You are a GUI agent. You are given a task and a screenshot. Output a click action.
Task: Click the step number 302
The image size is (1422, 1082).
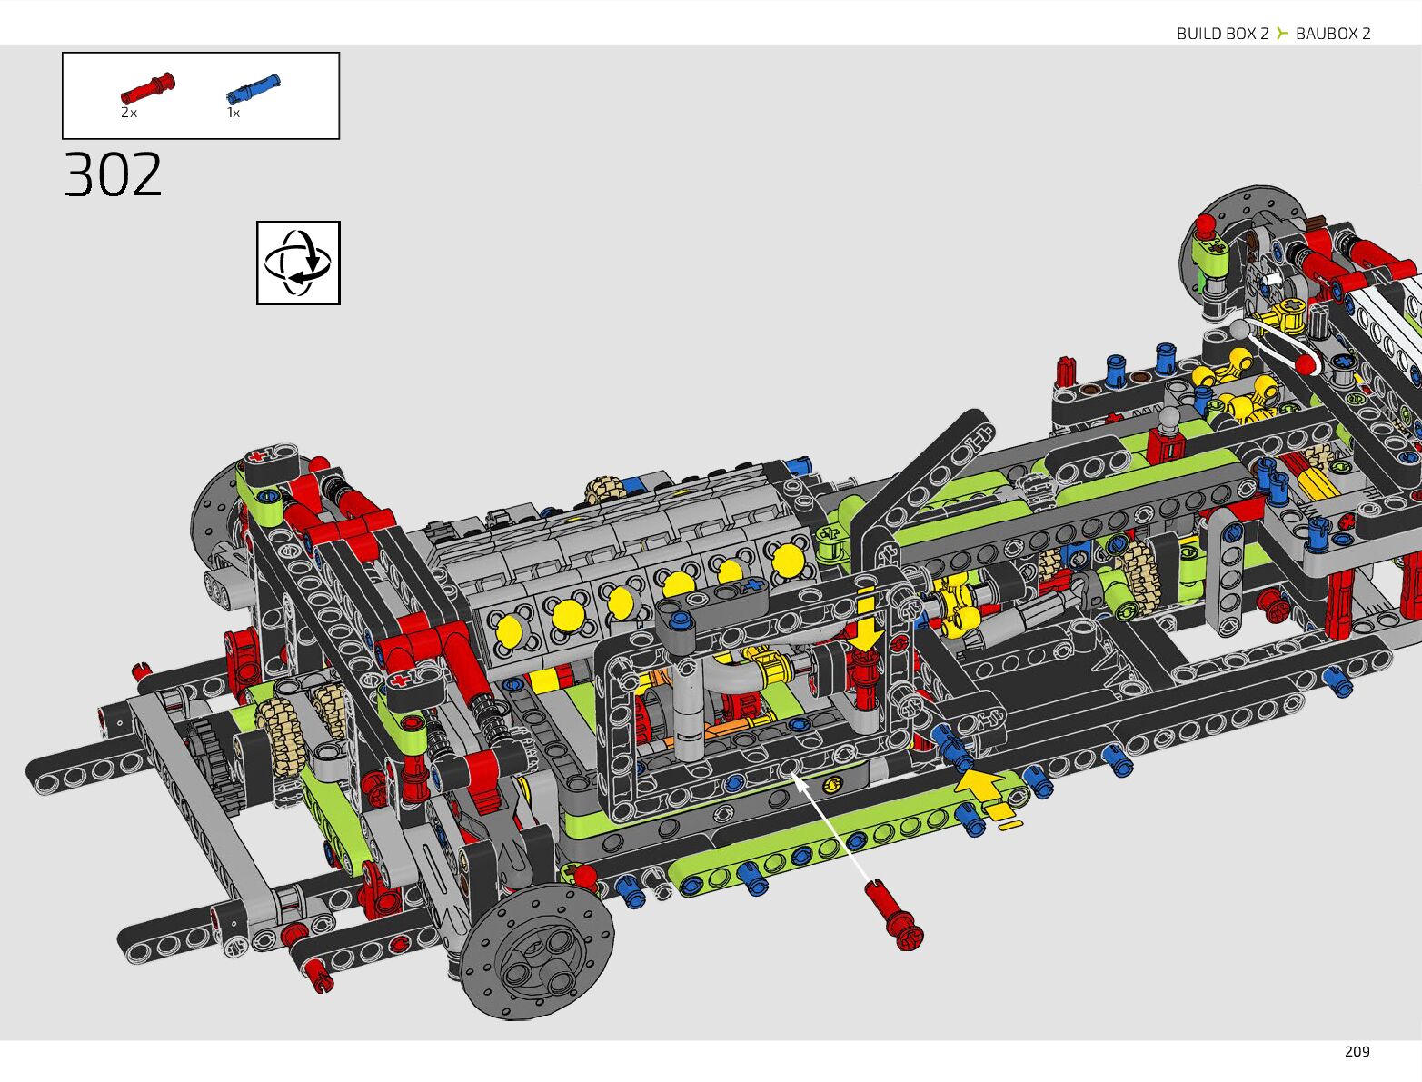pyautogui.click(x=113, y=174)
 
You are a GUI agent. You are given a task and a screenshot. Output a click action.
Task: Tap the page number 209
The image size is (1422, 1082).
pyautogui.click(x=1357, y=1052)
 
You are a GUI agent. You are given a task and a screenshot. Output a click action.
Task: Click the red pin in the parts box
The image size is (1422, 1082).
pyautogui.click(x=148, y=88)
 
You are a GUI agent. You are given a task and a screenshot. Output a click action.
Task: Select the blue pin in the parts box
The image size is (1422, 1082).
pyautogui.click(x=254, y=89)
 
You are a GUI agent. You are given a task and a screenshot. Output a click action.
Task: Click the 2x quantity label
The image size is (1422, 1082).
pyautogui.click(x=129, y=113)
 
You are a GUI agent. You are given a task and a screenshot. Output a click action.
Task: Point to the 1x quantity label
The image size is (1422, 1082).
pyautogui.click(x=234, y=113)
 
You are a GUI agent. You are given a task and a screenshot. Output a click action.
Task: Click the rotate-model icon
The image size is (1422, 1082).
pyautogui.click(x=298, y=263)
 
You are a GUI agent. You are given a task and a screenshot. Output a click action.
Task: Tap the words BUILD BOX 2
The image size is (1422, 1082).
pyautogui.click(x=1222, y=34)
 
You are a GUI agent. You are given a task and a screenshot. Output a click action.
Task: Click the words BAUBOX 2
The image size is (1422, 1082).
pyautogui.click(x=1333, y=34)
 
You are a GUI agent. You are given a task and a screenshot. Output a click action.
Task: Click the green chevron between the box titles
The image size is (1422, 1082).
pyautogui.click(x=1282, y=33)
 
